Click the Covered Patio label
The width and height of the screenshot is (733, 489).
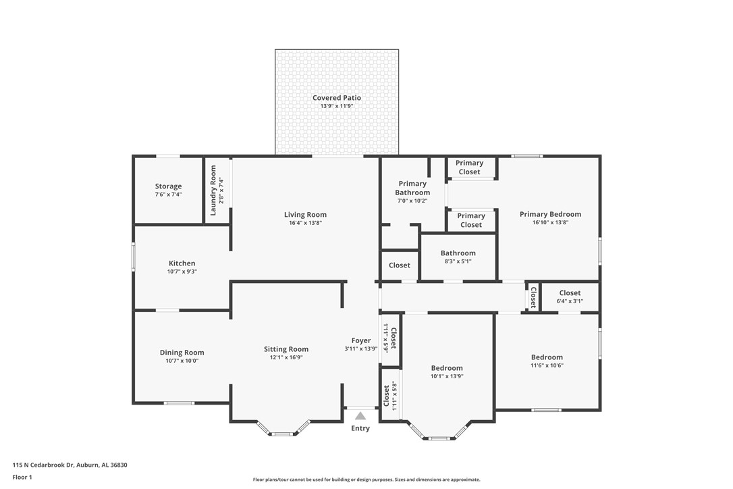tap(336, 98)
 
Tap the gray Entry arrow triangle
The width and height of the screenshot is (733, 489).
tap(360, 416)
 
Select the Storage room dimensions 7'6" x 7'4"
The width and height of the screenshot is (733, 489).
tap(168, 195)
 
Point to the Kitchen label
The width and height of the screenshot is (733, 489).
tap(182, 263)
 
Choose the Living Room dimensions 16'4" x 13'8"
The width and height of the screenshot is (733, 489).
tap(305, 223)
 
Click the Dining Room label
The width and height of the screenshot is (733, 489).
tap(182, 353)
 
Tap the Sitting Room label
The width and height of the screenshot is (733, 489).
tap(286, 349)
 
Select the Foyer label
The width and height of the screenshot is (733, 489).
tap(361, 340)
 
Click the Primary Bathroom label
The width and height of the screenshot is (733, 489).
tap(412, 188)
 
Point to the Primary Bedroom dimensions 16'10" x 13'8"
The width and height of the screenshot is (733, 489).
tap(550, 222)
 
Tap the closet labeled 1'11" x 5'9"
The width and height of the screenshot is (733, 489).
tap(390, 336)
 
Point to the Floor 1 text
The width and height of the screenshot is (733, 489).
tap(22, 477)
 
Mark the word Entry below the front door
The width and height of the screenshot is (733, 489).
tap(360, 428)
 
